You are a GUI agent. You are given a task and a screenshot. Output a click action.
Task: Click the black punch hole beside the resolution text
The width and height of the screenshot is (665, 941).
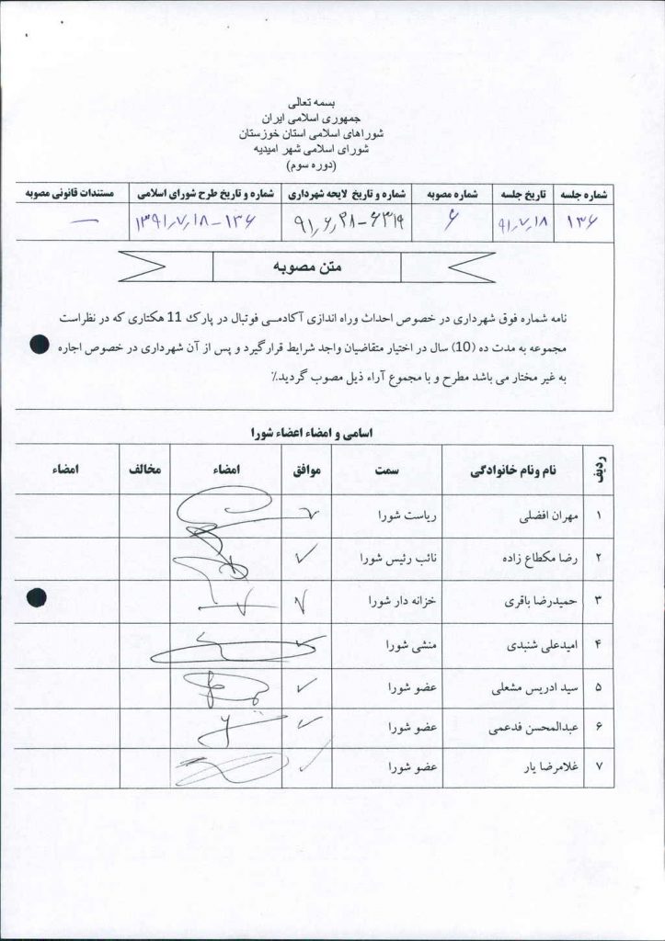pyautogui.click(x=38, y=346)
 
